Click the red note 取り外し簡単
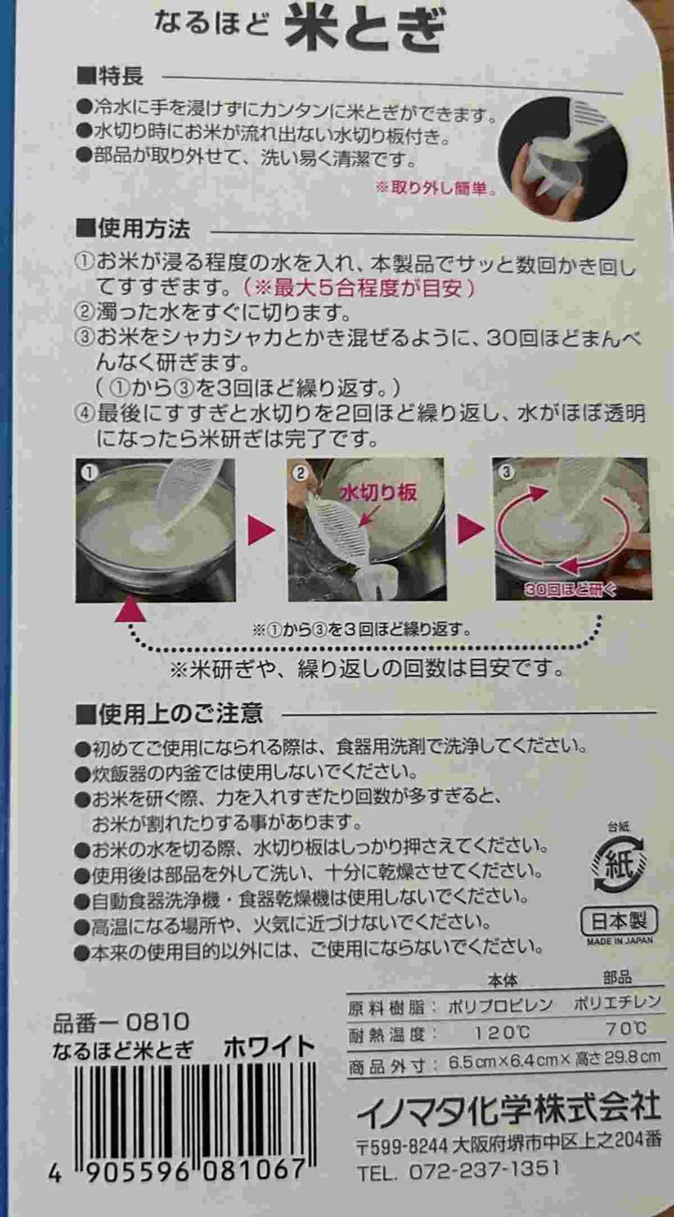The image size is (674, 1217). pos(435,187)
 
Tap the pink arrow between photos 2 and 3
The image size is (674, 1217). pos(471,530)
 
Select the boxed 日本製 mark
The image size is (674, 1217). pos(619,919)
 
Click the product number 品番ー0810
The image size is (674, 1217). pos(122,1021)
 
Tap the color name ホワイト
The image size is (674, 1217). pos(269,1048)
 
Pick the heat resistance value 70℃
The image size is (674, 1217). pos(625,1030)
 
